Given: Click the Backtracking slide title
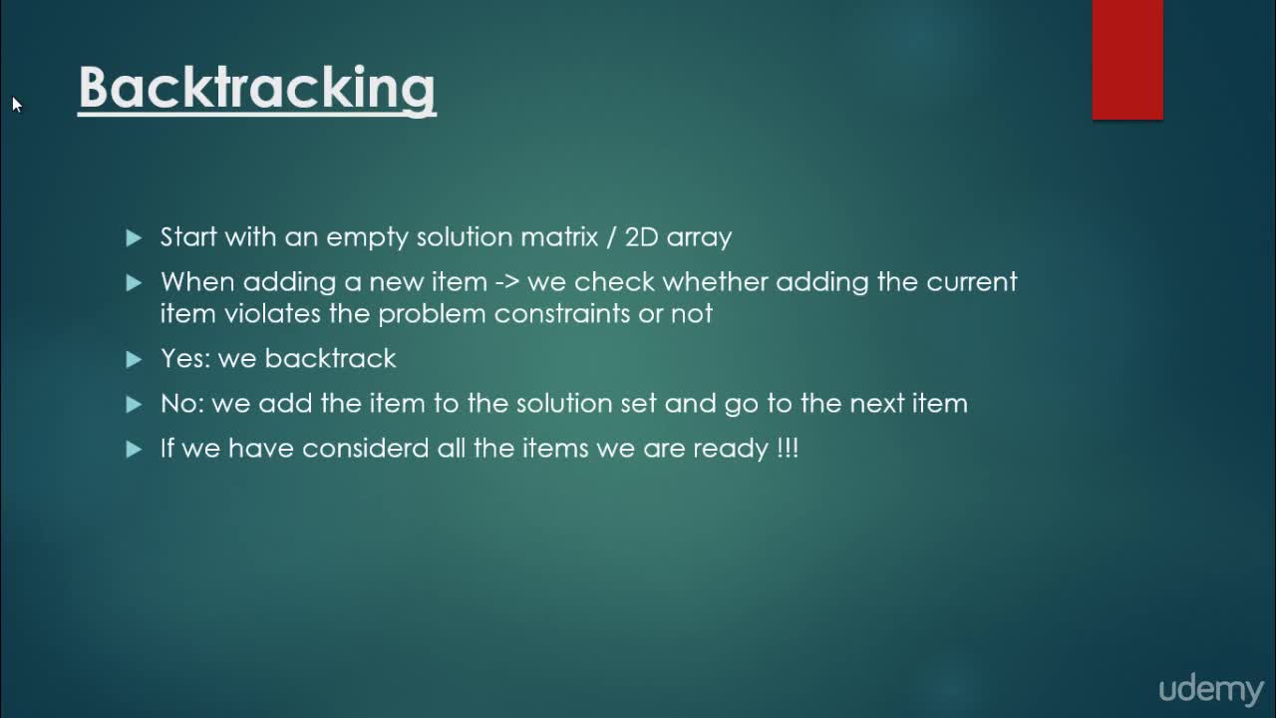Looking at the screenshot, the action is coord(257,89).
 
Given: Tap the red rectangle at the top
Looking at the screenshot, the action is coord(1127,60).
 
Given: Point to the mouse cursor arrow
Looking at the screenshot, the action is coord(17,105).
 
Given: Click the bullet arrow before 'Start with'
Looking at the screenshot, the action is coord(134,237).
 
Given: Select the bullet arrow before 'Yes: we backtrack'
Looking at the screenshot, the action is coord(134,359).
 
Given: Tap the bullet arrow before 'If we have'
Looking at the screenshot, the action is coord(134,449).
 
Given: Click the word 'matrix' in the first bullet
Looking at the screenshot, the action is coord(559,236).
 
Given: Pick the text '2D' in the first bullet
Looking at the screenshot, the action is coord(641,236).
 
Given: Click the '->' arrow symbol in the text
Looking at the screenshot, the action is coord(507,282).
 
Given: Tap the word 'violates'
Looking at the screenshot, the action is coord(272,313).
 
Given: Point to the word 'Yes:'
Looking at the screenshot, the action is coord(185,358).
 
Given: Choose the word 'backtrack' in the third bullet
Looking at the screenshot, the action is coord(330,358).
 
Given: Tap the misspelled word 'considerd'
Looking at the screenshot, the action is coord(365,448).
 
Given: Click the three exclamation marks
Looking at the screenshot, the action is coord(788,448).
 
